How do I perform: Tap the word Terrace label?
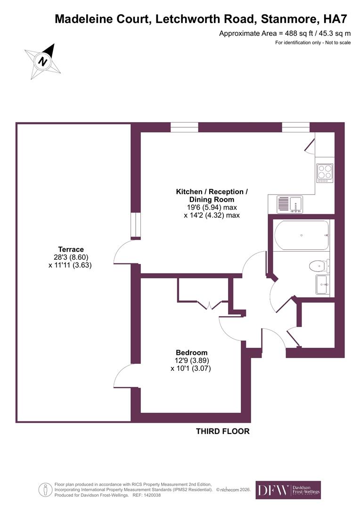[71, 249]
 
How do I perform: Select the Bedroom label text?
[191, 353]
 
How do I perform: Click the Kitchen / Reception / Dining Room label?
[212, 196]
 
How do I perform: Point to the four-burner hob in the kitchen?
[324, 172]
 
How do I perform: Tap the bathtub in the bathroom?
[302, 235]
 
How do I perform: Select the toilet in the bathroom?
[319, 266]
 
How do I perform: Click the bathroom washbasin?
[322, 285]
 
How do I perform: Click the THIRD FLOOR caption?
[222, 431]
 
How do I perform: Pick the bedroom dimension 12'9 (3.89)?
[191, 361]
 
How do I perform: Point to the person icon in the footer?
[45, 490]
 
